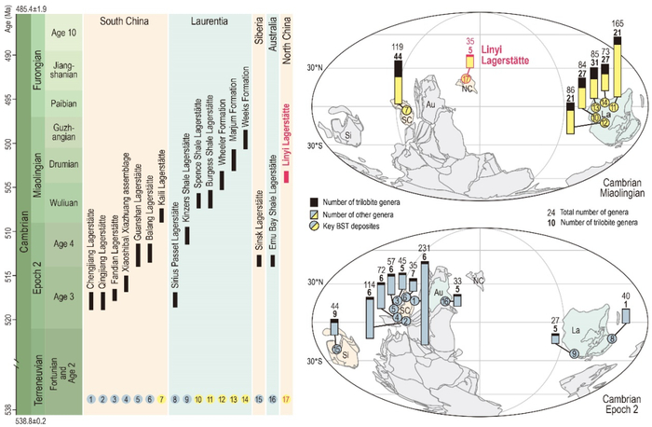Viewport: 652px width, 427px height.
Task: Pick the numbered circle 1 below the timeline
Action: coord(91,398)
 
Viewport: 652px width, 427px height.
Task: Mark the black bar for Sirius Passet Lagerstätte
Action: coord(174,299)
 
